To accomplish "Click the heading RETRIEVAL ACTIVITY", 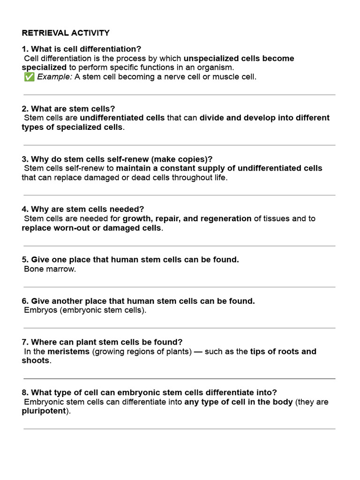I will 66,33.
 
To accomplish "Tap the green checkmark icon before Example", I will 29,77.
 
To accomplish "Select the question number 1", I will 24,49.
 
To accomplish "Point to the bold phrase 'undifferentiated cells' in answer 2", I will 122,118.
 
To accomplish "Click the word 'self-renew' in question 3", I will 129,159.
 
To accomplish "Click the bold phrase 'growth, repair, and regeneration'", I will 187,218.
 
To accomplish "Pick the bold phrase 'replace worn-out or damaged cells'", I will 91,228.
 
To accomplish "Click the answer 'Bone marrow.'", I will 50,269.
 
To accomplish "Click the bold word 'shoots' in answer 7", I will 35,361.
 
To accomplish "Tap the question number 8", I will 24,392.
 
